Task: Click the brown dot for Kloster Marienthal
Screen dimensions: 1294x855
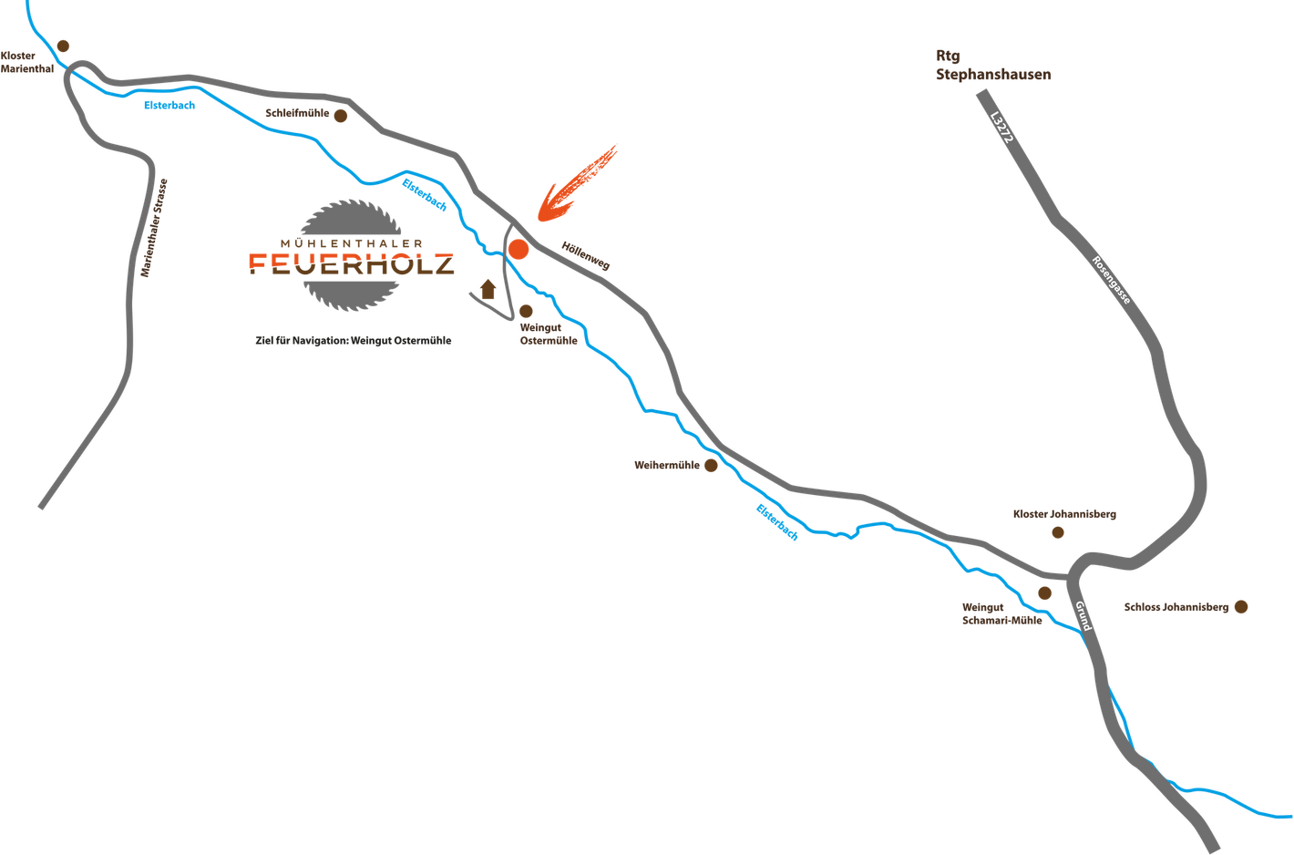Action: (x=63, y=46)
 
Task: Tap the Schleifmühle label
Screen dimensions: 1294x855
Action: (x=297, y=113)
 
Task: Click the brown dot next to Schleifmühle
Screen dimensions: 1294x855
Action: (x=341, y=116)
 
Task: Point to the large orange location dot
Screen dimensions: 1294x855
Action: (x=519, y=250)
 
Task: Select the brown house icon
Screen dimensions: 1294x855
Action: (x=488, y=289)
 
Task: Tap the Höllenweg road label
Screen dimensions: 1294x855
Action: (x=585, y=256)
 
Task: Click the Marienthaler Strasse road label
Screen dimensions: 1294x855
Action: (x=154, y=228)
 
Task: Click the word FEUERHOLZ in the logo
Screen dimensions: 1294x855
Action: (x=351, y=264)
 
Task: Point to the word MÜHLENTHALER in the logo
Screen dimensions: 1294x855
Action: (x=351, y=243)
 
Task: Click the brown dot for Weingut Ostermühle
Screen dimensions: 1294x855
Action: (x=526, y=312)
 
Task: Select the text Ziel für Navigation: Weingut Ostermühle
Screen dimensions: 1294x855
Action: (x=353, y=341)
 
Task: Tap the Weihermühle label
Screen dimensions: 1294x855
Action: (x=667, y=465)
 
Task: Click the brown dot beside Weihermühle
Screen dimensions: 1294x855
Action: (x=711, y=466)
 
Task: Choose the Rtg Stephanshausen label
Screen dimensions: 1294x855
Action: (x=993, y=65)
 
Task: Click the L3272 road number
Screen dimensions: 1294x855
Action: (x=1001, y=127)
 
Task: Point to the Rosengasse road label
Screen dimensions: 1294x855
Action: (x=1111, y=280)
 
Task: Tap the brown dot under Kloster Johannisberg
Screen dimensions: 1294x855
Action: (x=1058, y=532)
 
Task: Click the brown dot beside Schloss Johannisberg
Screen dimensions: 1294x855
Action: (x=1241, y=606)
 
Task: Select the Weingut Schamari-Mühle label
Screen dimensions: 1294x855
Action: (x=1001, y=613)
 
